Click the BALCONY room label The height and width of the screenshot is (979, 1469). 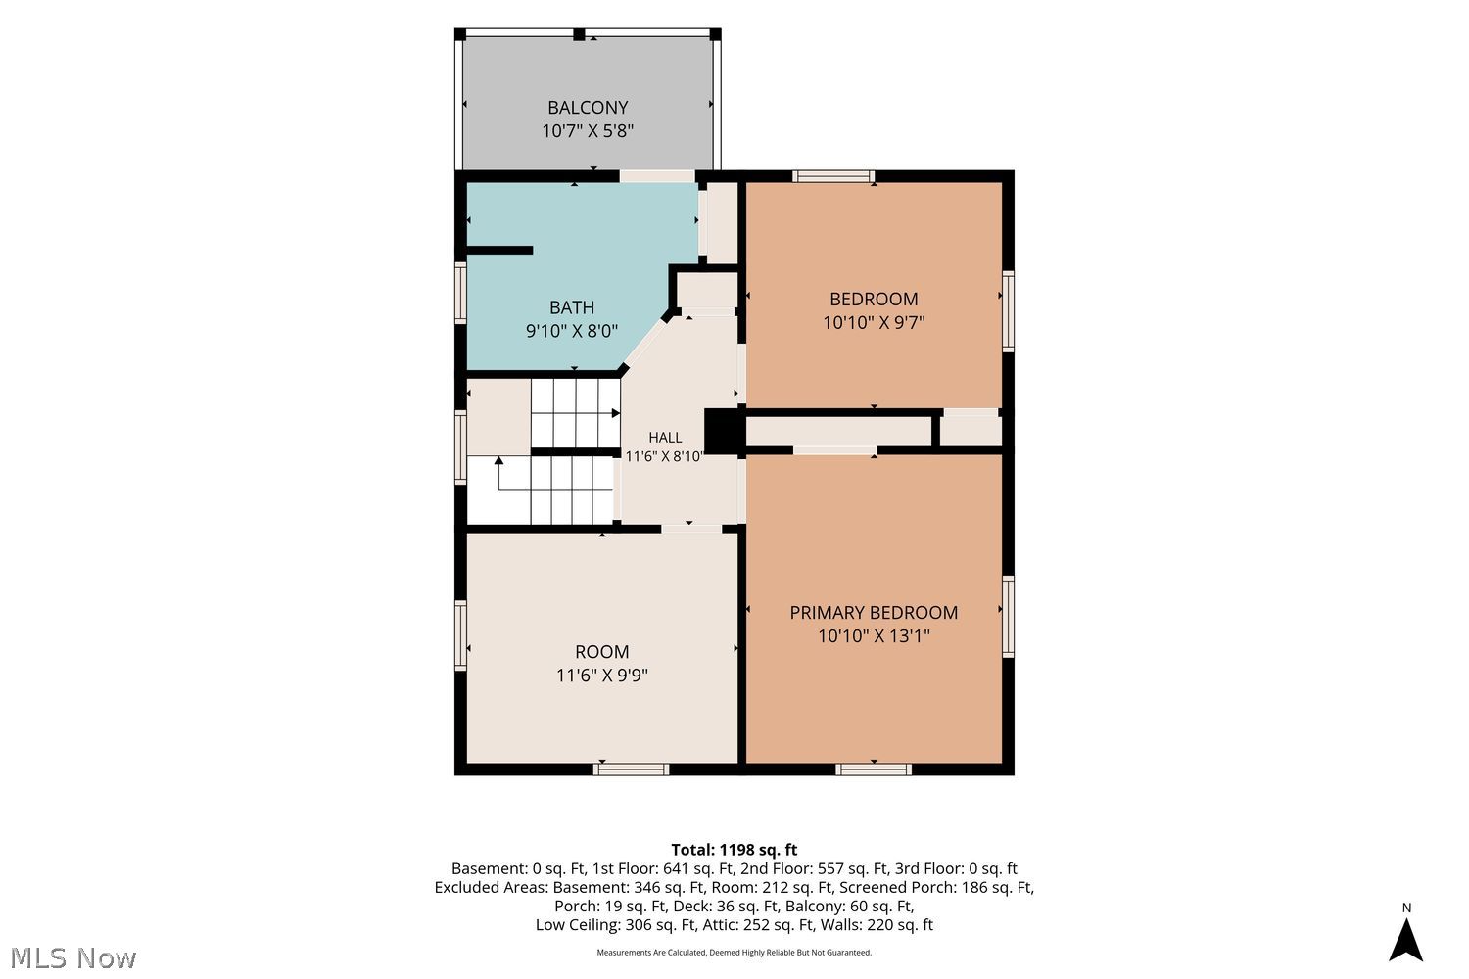click(588, 107)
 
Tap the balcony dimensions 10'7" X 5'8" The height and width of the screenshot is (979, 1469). click(588, 131)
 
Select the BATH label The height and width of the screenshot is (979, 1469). click(572, 306)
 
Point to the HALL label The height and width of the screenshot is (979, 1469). click(665, 438)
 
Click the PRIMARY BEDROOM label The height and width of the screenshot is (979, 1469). click(874, 613)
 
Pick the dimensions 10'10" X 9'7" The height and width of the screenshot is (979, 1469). click(874, 323)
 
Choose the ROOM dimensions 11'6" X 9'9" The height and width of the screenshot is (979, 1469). click(602, 676)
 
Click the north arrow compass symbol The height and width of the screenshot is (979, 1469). click(1405, 939)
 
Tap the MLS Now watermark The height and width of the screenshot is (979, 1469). click(72, 958)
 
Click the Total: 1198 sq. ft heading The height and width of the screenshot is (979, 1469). click(734, 850)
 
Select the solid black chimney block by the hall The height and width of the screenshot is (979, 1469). click(724, 431)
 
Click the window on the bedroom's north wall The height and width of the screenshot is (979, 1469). click(833, 176)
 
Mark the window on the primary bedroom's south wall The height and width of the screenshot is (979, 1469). click(874, 769)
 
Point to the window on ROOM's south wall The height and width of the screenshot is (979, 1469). click(631, 769)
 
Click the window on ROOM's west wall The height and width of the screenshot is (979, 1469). click(461, 634)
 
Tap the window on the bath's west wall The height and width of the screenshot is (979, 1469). click(461, 293)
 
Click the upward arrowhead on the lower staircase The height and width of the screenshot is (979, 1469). click(499, 460)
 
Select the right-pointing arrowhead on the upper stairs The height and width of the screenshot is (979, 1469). click(616, 413)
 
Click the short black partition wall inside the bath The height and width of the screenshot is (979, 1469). click(499, 250)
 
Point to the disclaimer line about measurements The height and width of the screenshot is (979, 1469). click(734, 953)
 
